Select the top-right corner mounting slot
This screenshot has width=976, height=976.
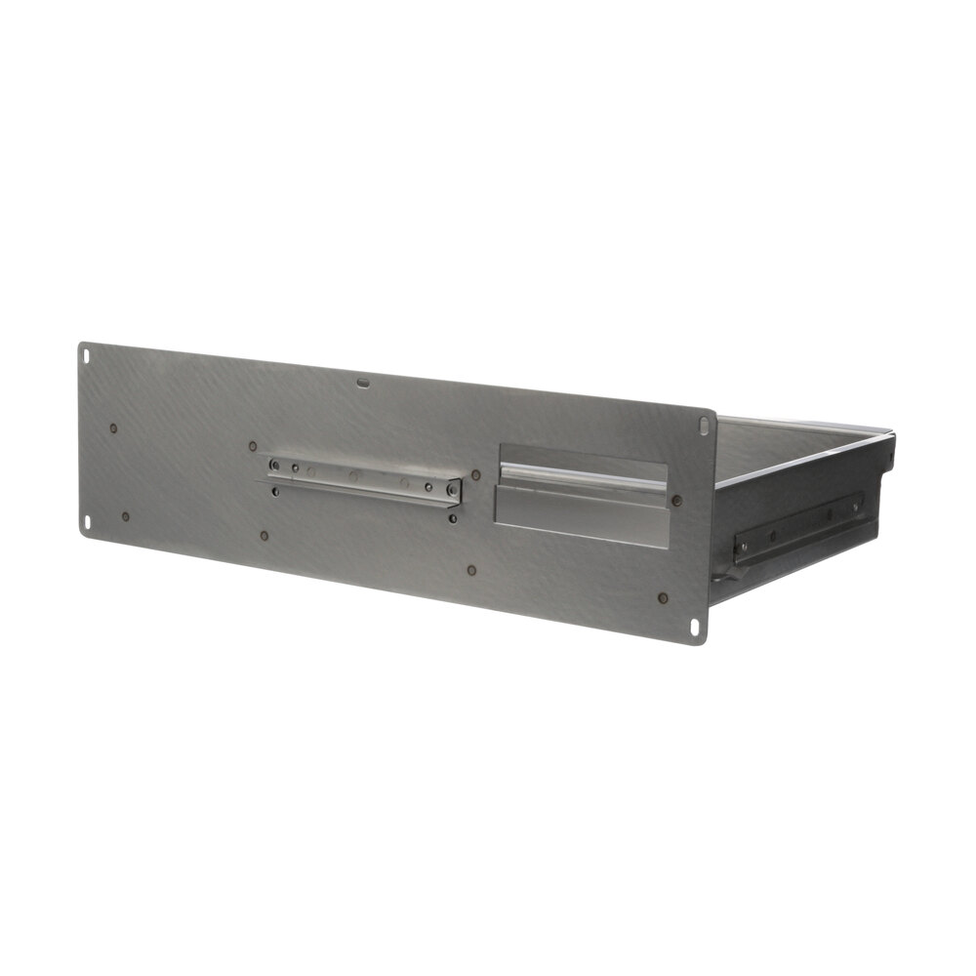(705, 426)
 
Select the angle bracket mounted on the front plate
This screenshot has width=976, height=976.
(362, 480)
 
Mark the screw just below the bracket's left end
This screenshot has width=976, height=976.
(274, 492)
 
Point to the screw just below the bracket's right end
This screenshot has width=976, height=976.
(451, 518)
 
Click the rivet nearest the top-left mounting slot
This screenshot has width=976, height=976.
(114, 427)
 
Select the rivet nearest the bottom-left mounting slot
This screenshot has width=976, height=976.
(125, 516)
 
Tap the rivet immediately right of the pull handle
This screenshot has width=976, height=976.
(676, 501)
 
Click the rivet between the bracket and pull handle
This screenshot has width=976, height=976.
(476, 475)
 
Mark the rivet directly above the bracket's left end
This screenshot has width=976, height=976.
(253, 446)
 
